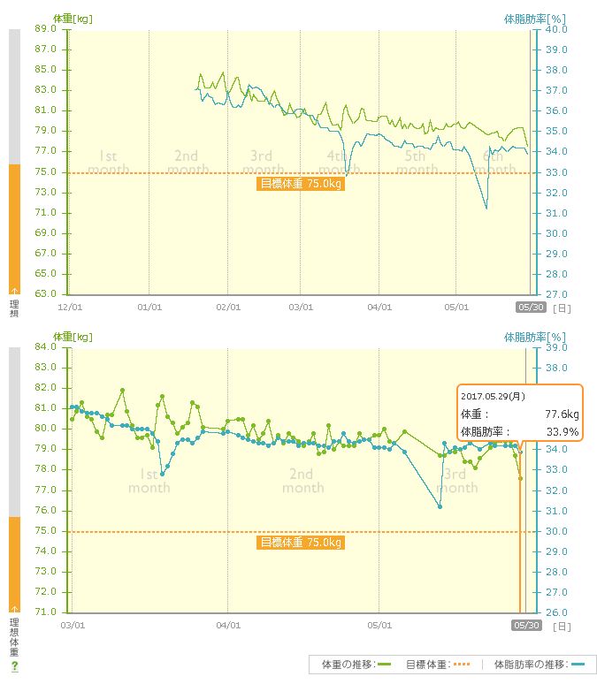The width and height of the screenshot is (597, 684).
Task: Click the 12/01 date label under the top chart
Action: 71,308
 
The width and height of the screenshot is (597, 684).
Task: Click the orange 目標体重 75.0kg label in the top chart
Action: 300,184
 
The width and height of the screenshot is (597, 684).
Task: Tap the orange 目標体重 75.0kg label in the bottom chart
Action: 300,543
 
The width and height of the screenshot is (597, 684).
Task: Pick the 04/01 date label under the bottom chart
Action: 228,626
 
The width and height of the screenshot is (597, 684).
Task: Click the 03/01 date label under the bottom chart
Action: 73,626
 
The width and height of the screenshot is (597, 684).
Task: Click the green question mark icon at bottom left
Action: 14,665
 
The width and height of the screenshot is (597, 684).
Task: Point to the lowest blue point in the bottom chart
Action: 440,507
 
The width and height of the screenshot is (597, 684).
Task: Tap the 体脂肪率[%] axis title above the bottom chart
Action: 535,337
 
